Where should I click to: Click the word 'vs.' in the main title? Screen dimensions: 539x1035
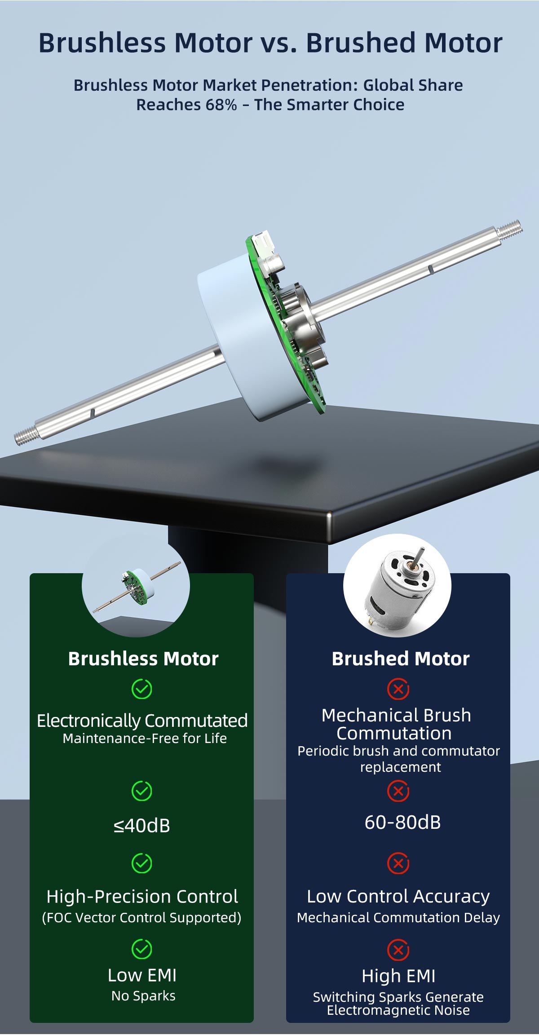pyautogui.click(x=278, y=43)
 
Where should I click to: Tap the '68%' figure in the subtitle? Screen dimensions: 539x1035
pyautogui.click(x=221, y=105)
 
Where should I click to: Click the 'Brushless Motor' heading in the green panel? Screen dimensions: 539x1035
pyautogui.click(x=143, y=659)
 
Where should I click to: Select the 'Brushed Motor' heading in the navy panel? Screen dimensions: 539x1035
pyautogui.click(x=401, y=659)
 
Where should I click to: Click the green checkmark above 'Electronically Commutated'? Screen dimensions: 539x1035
pyautogui.click(x=141, y=689)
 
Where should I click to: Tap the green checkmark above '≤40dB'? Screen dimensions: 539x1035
pyautogui.click(x=141, y=791)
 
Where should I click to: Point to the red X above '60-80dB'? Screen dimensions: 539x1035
pyautogui.click(x=398, y=791)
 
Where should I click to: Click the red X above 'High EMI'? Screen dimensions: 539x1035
pyautogui.click(x=398, y=950)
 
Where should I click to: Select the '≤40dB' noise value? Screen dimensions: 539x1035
pyautogui.click(x=142, y=826)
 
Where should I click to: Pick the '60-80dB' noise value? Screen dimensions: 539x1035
pyautogui.click(x=403, y=822)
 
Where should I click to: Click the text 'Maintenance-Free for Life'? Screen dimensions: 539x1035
pyautogui.click(x=145, y=738)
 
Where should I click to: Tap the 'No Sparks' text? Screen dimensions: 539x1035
pyautogui.click(x=143, y=995)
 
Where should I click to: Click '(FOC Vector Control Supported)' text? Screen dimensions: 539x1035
pyautogui.click(x=141, y=917)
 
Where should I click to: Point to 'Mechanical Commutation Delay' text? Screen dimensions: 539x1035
pyautogui.click(x=398, y=917)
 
